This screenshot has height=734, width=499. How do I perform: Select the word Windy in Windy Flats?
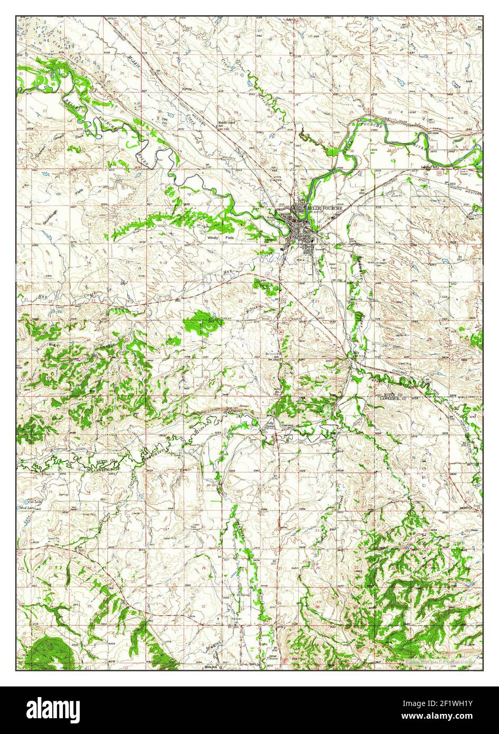pyautogui.click(x=213, y=238)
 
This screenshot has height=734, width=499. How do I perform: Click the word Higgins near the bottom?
pyautogui.click(x=209, y=646)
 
